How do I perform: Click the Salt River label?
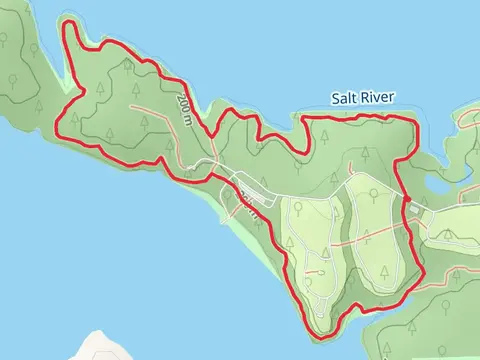point(364,98)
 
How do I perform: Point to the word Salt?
point(345,98)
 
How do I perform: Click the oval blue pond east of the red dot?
point(441,186)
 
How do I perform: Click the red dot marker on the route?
point(404,204)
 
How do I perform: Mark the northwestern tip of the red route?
point(67,22)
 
